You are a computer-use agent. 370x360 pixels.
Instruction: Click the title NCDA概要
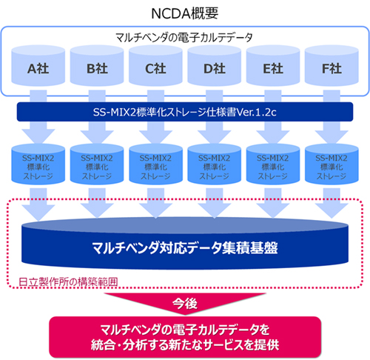pos(185,13)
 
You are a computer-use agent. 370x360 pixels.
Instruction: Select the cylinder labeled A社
pos(38,69)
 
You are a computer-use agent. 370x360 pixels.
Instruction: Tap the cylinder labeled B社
pos(96,69)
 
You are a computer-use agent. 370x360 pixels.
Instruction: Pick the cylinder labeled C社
pos(155,69)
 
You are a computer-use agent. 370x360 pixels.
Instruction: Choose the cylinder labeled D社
pos(214,69)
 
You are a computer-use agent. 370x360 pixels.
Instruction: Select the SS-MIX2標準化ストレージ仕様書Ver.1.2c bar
pos(185,112)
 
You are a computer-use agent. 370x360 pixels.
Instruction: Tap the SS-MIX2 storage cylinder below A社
pos(38,167)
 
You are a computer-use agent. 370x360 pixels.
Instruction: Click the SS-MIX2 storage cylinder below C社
pos(155,167)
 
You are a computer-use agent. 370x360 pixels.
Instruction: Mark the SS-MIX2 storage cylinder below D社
pos(214,167)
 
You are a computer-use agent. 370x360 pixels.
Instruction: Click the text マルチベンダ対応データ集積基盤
pos(185,247)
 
